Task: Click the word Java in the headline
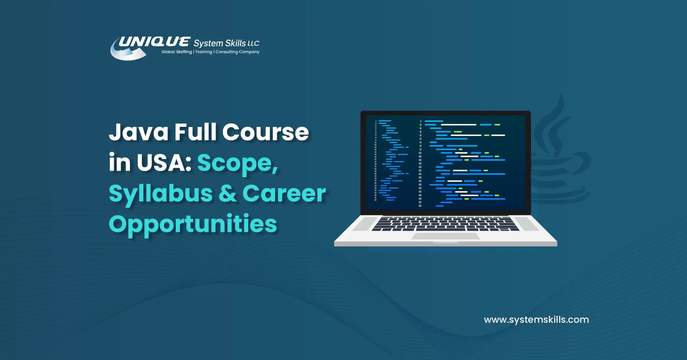(x=138, y=132)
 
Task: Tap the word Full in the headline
(x=195, y=132)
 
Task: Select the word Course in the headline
(x=265, y=132)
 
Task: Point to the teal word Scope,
(x=238, y=163)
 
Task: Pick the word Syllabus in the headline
(x=160, y=194)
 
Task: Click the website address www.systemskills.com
(x=536, y=320)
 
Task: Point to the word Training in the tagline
(x=203, y=52)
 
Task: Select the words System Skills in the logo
(x=220, y=43)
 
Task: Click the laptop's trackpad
(x=445, y=236)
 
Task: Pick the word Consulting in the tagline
(x=226, y=52)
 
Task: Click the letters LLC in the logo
(x=253, y=43)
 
